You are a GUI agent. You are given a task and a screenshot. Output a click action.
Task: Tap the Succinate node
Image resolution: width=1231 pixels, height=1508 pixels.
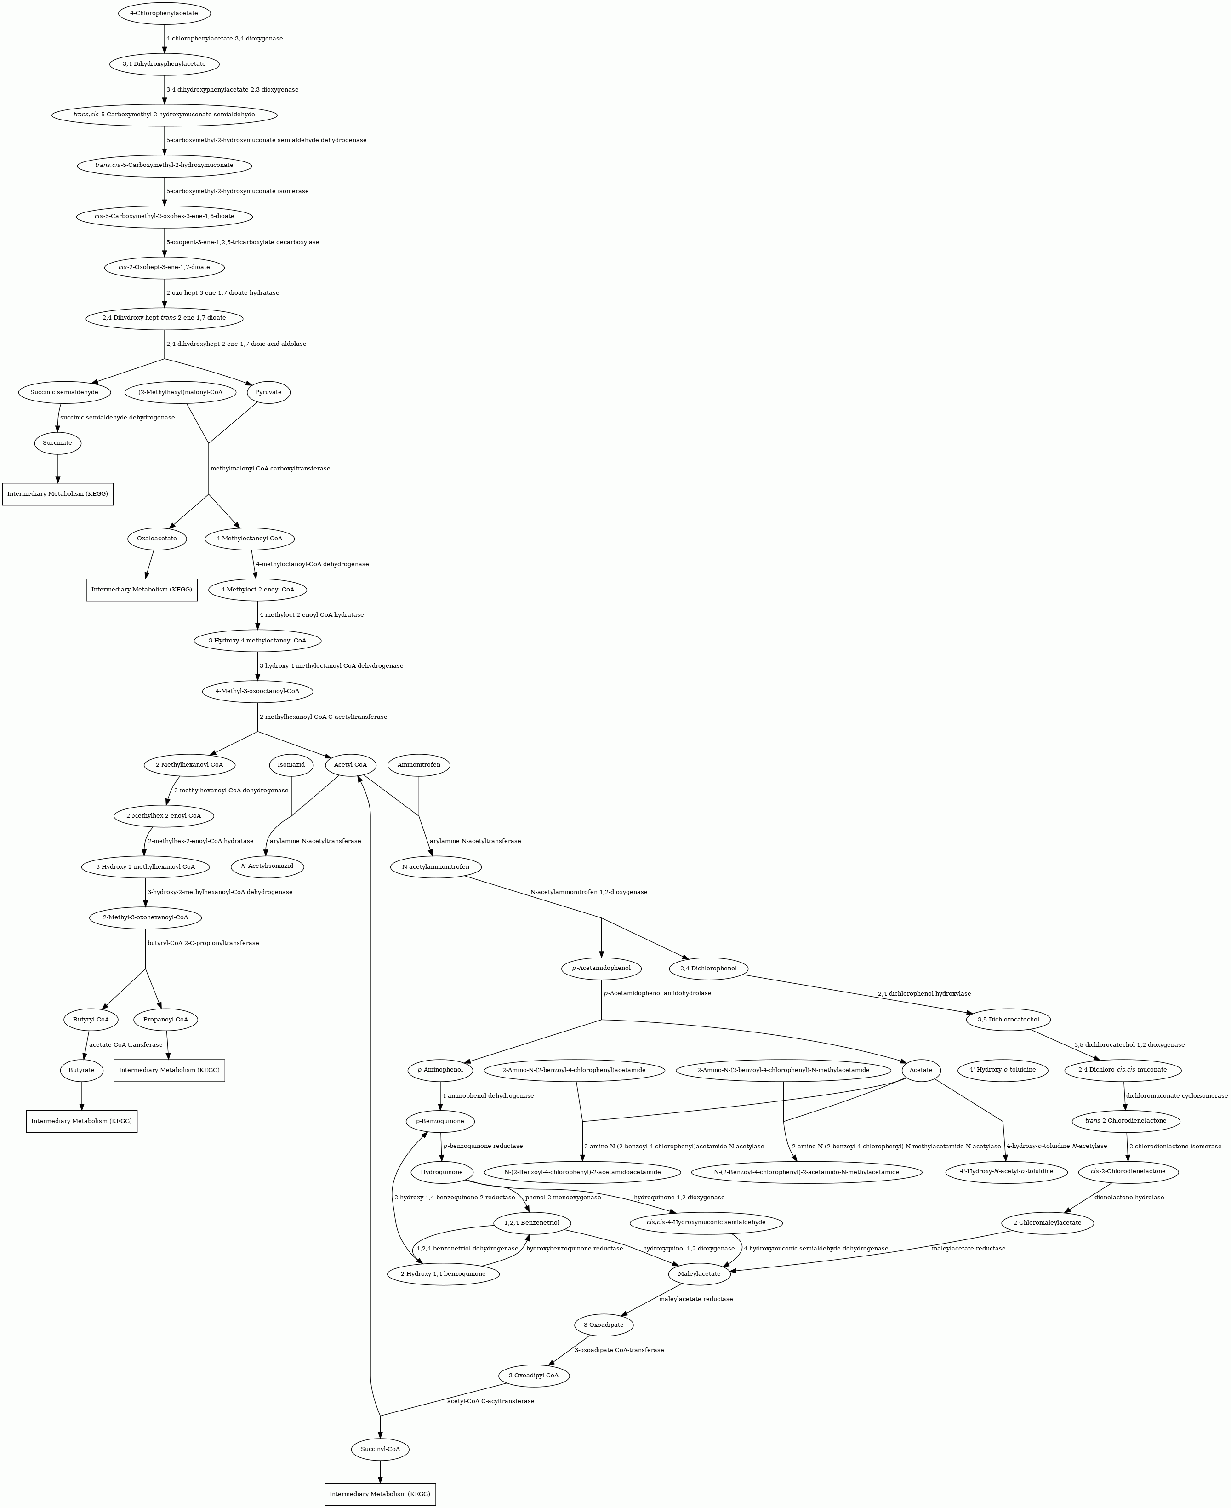click(x=57, y=442)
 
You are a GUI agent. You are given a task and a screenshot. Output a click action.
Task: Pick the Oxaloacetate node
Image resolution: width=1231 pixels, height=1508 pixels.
click(x=157, y=539)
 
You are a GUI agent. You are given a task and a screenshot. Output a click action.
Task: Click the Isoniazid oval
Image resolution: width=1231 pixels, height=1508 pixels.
click(x=291, y=765)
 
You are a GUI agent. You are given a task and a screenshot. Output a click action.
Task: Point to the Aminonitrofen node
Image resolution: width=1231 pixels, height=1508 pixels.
click(x=419, y=765)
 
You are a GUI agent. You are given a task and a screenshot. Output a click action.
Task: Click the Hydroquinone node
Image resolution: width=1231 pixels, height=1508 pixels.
click(x=442, y=1172)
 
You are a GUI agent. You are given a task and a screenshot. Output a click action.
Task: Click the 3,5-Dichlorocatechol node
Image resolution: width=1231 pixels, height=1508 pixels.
click(x=1009, y=1019)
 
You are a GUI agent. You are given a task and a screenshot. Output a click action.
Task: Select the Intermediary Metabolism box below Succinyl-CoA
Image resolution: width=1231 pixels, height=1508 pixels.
click(x=380, y=1494)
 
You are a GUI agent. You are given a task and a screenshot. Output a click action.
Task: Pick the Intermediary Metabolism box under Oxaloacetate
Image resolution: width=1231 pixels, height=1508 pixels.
click(x=142, y=590)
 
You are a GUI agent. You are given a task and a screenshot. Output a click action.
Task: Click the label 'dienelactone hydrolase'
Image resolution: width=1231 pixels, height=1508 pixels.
click(x=1129, y=1197)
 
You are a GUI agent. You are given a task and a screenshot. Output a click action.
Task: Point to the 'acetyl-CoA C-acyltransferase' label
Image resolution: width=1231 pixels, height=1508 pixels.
click(x=490, y=1401)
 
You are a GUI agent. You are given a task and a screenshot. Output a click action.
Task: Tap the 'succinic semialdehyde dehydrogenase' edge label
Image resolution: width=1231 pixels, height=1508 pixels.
click(x=118, y=417)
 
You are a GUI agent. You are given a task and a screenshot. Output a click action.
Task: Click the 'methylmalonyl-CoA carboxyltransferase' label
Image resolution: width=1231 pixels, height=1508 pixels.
click(x=270, y=468)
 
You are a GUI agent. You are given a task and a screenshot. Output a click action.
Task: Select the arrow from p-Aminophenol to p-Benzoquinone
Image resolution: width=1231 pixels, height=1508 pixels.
click(x=441, y=1096)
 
